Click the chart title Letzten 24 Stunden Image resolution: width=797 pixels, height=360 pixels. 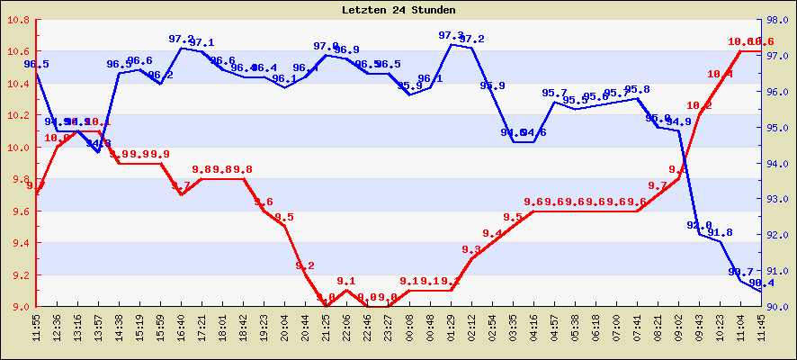coord(398,10)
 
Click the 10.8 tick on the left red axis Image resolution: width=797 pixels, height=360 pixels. coord(18,20)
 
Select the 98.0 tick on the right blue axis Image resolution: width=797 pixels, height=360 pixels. coord(779,20)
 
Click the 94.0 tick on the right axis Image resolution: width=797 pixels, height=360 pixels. coord(779,164)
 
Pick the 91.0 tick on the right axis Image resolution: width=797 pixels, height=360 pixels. coord(779,271)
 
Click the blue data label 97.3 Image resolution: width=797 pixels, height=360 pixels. coord(451,36)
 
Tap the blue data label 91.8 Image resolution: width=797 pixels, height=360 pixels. coord(720,233)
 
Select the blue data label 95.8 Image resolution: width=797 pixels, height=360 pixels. coord(637,90)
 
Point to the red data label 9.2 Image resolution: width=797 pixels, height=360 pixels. coord(305,265)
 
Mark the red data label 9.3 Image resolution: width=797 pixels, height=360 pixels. coord(471,250)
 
